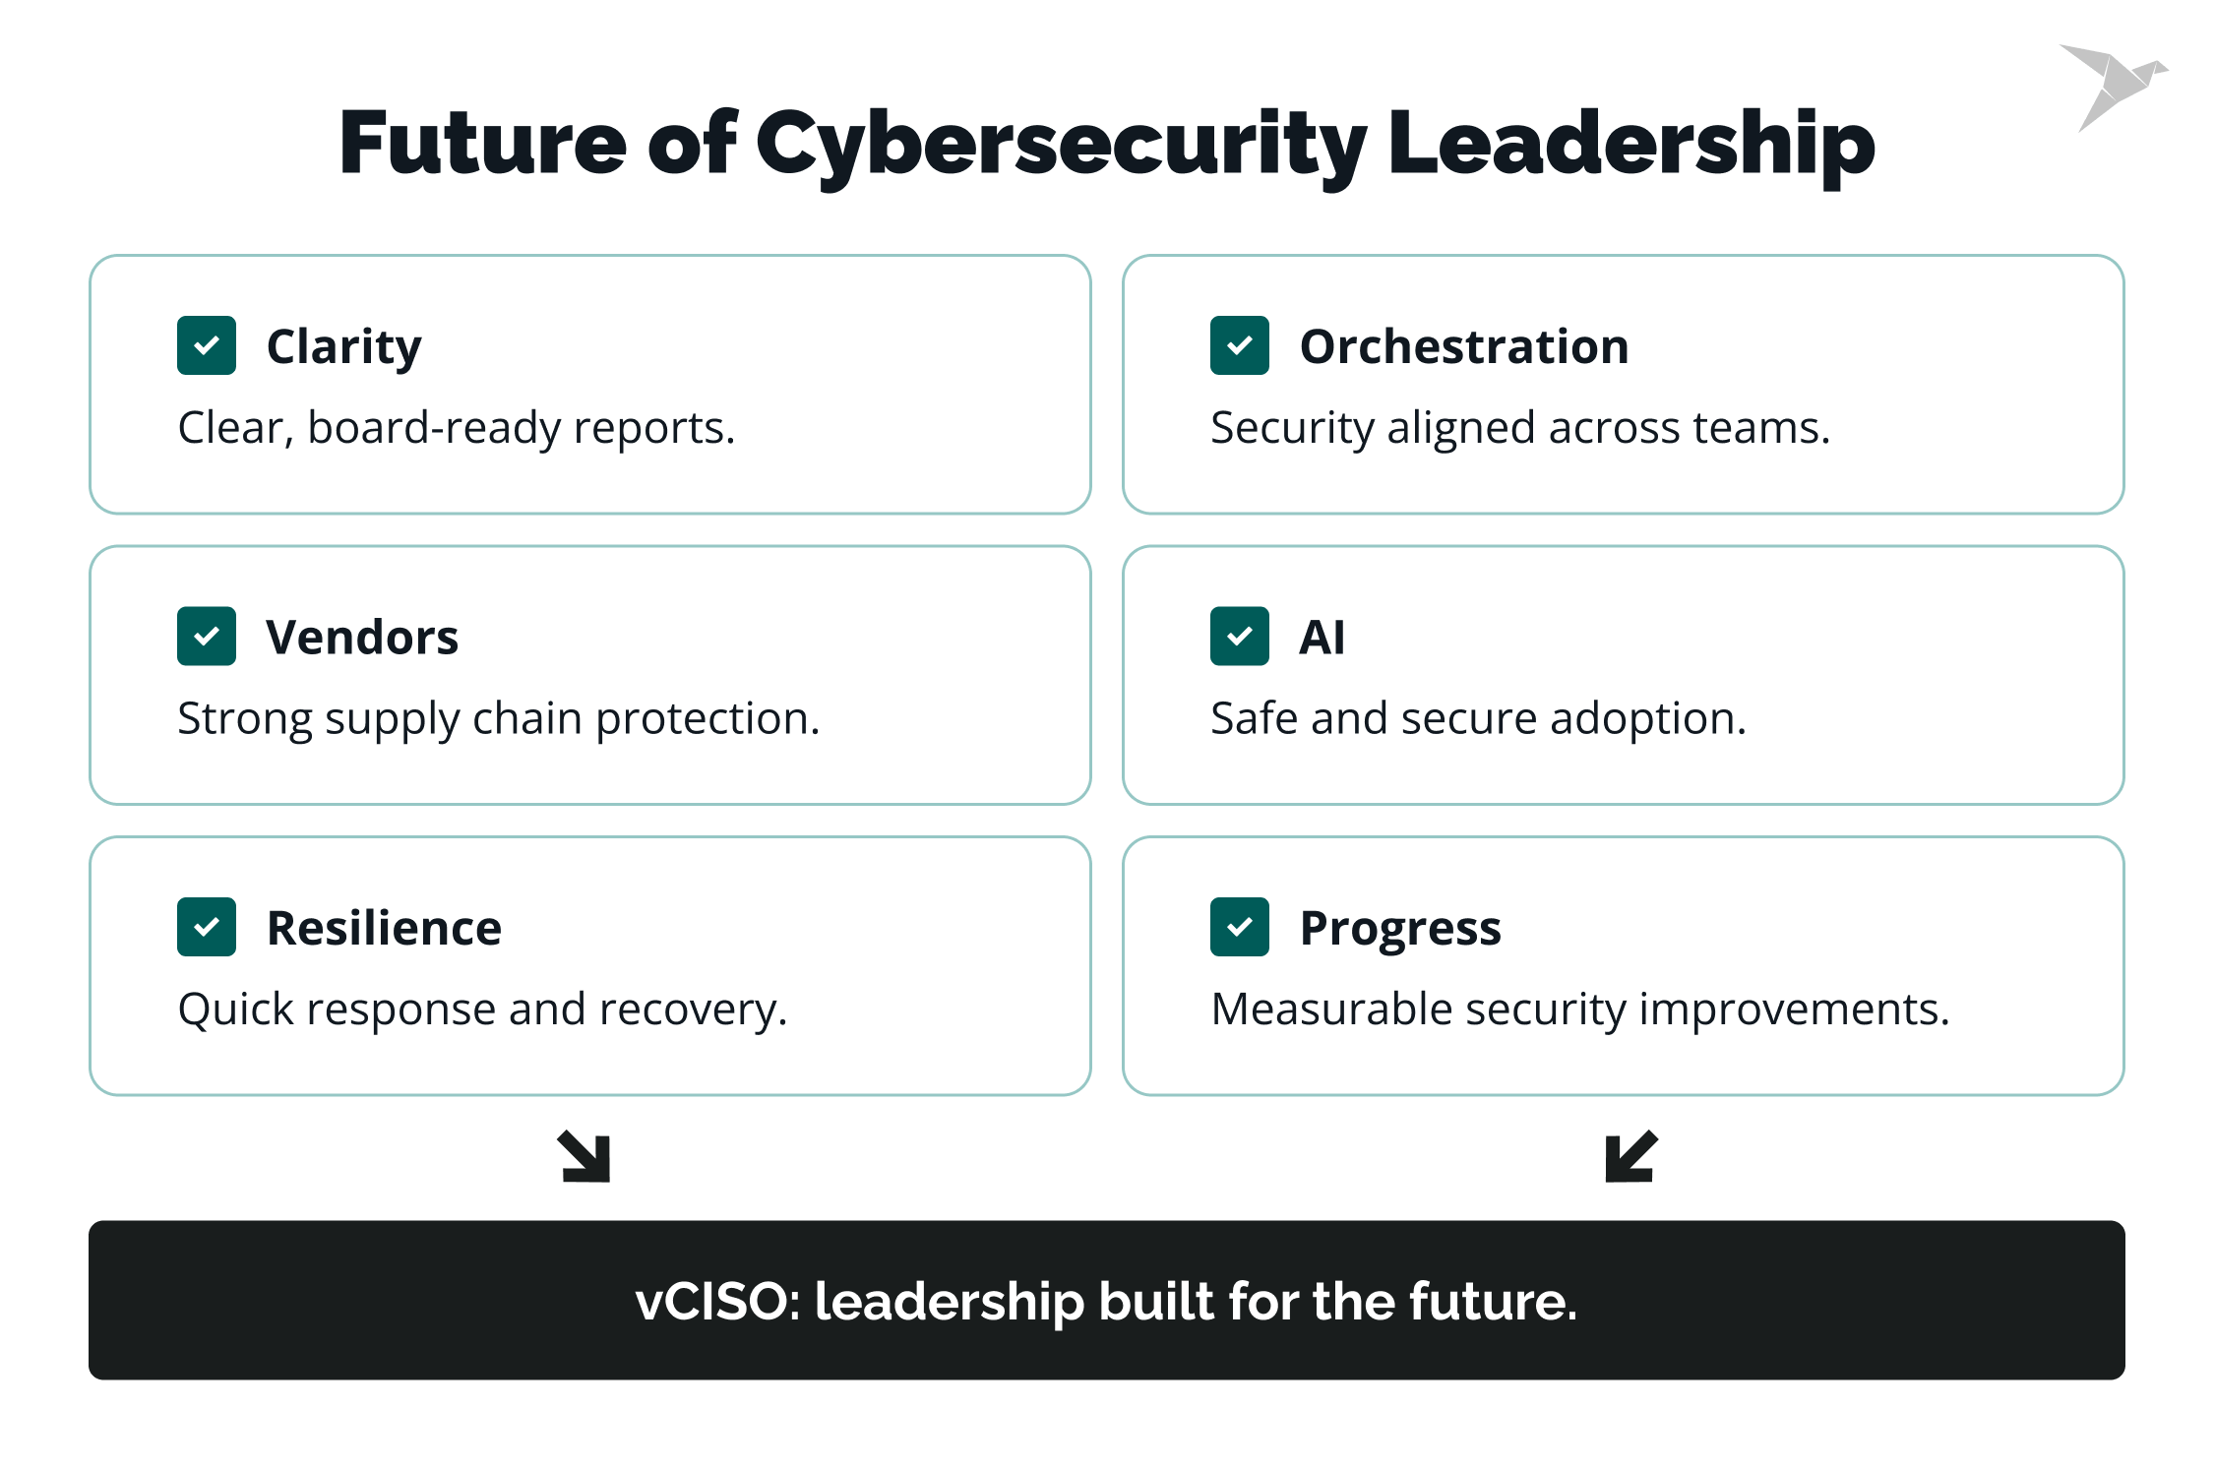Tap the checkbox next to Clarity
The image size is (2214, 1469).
click(207, 345)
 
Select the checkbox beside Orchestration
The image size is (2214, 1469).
click(1239, 345)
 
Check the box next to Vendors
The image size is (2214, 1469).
click(207, 637)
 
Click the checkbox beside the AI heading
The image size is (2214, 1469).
click(1239, 637)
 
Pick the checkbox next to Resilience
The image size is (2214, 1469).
click(207, 927)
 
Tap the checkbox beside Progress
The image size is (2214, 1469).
click(1239, 927)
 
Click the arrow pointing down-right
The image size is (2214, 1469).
click(584, 1156)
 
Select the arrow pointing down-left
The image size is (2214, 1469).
click(1630, 1156)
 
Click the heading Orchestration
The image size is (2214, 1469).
click(1464, 346)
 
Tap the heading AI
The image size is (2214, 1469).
click(1322, 638)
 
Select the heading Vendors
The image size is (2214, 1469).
click(362, 638)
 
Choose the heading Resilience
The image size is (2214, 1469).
click(384, 928)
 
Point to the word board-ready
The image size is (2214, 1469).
click(433, 428)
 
